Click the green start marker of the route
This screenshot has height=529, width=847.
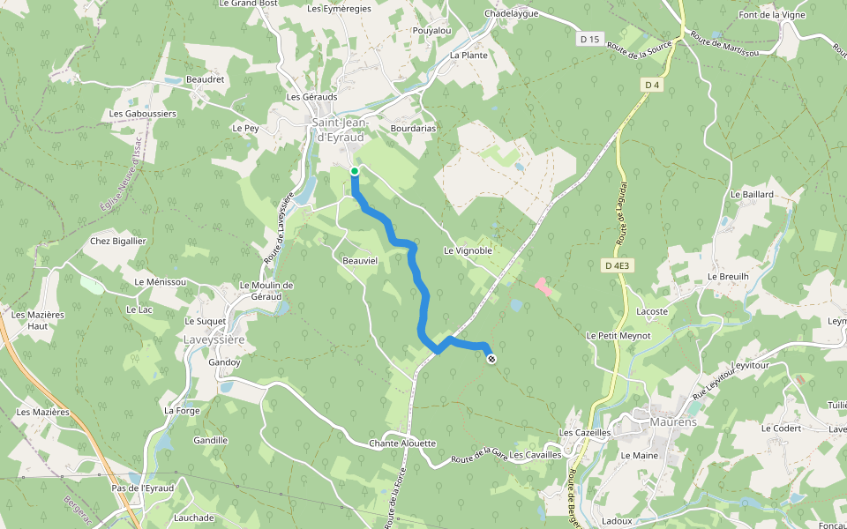tap(354, 171)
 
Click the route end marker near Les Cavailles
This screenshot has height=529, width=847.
tap(491, 358)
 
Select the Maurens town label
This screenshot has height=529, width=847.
tap(673, 422)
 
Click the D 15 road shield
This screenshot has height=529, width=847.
tap(590, 39)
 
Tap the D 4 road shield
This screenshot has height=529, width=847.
tap(652, 85)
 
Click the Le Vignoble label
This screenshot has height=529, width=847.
tap(468, 250)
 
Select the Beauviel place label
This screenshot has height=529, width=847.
tap(359, 261)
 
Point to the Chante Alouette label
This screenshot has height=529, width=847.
tap(402, 443)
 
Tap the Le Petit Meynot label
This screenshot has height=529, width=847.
tap(618, 335)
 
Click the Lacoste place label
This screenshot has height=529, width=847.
tap(652, 311)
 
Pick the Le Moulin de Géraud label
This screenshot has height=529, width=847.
tap(266, 291)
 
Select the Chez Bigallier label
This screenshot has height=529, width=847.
tap(118, 241)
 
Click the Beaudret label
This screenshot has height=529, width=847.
tap(206, 79)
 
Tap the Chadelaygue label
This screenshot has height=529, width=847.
tap(512, 14)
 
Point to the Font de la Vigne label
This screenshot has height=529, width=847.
tap(773, 15)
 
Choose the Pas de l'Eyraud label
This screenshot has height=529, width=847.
tap(143, 488)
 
